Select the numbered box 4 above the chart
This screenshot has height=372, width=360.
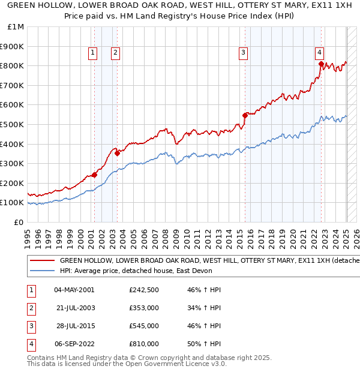[320, 52]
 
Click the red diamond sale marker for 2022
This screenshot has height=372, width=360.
[321, 64]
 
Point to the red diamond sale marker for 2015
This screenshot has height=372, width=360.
[245, 115]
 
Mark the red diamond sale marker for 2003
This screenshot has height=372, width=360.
[118, 153]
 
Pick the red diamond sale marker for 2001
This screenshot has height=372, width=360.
[94, 175]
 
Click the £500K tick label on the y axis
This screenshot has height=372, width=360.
[11, 124]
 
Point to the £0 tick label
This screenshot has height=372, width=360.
[19, 222]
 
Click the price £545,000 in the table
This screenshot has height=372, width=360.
[144, 326]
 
